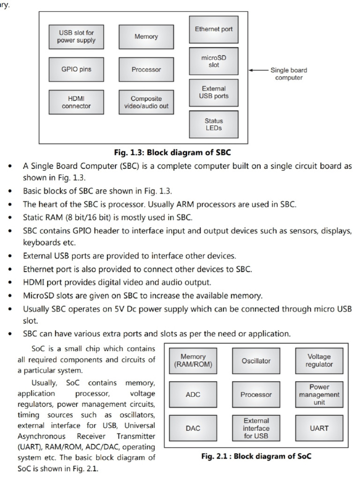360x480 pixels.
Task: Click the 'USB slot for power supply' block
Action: click(x=76, y=37)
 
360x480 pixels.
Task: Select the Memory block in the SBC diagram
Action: click(x=146, y=37)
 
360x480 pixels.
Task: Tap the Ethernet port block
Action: click(x=213, y=29)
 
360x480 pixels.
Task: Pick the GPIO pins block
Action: click(x=76, y=69)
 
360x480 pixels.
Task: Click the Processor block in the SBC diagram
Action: click(x=146, y=69)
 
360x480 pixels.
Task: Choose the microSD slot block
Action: click(x=213, y=61)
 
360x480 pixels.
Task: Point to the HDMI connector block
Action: click(x=76, y=102)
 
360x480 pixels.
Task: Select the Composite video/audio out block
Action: click(x=146, y=102)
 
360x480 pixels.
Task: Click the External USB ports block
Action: click(x=213, y=92)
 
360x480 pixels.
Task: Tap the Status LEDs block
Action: click(x=213, y=124)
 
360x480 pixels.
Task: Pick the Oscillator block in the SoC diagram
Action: click(x=256, y=361)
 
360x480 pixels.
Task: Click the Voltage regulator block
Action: click(x=319, y=361)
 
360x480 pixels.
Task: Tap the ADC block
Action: click(x=193, y=395)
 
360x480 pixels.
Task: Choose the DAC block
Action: click(x=193, y=428)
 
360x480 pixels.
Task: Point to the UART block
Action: click(x=319, y=428)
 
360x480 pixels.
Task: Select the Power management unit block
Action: click(x=319, y=395)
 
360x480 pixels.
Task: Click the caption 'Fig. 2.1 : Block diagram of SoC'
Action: click(x=256, y=456)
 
